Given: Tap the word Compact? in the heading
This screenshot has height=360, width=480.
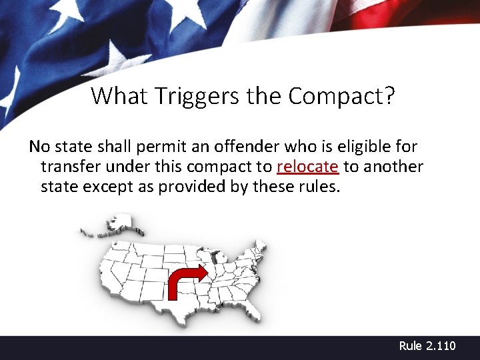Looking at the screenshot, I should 341,96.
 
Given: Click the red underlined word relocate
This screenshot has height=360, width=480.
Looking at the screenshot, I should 307,166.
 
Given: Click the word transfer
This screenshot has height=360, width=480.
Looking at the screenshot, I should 69,166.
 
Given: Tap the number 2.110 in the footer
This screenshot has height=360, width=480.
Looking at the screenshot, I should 441,345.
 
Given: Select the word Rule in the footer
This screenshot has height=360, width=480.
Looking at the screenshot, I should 411,345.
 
